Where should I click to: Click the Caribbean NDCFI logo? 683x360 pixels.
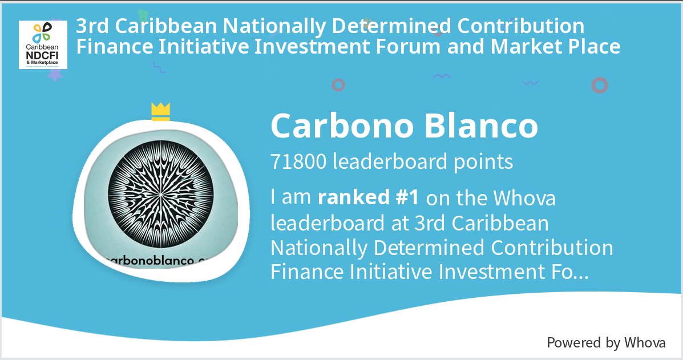point(43,45)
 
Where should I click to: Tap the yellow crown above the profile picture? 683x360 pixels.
point(161,112)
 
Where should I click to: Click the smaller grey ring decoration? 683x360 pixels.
point(338,85)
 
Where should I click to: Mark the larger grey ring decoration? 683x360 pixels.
point(600,86)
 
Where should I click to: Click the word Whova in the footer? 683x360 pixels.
point(645,342)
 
